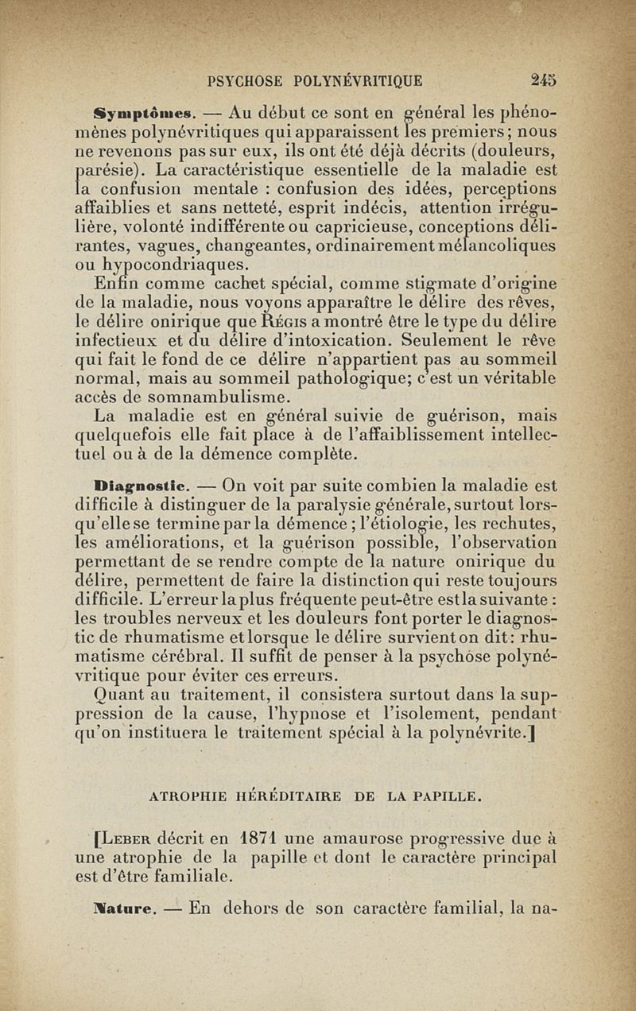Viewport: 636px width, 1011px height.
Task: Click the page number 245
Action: [x=544, y=79]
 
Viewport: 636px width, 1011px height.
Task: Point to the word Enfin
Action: [x=118, y=284]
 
